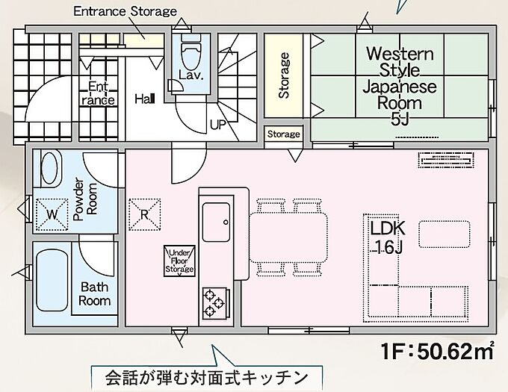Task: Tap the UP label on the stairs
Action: (x=218, y=125)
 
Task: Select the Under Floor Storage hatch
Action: (x=180, y=261)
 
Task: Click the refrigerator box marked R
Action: (x=145, y=214)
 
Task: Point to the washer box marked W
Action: (x=52, y=214)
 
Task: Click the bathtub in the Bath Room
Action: (x=52, y=280)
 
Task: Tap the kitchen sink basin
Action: (x=216, y=222)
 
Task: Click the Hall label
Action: (x=145, y=99)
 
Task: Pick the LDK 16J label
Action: (x=388, y=237)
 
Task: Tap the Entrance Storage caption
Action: (x=126, y=11)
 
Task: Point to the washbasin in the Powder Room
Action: (x=50, y=168)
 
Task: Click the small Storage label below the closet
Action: (x=283, y=134)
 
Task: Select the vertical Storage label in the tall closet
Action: (x=284, y=75)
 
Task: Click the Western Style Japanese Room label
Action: (x=400, y=86)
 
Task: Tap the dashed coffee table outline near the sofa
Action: (x=444, y=234)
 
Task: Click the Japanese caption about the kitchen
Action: (x=206, y=377)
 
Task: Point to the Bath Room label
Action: (x=95, y=294)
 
